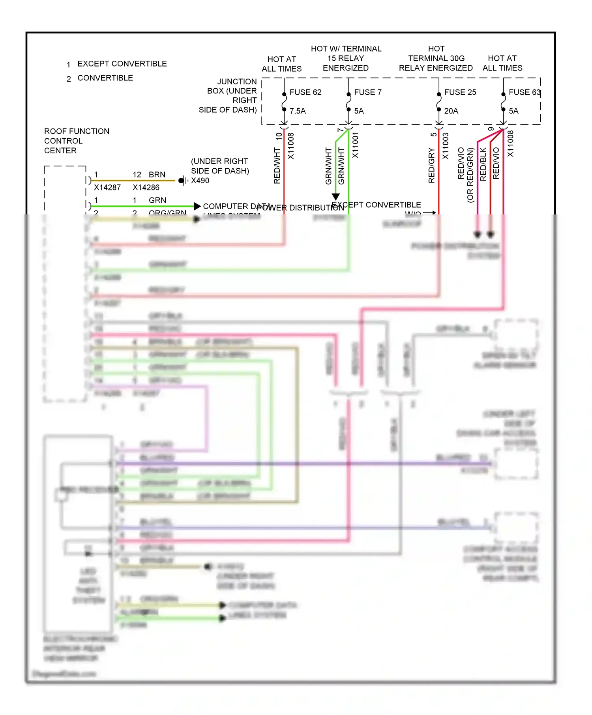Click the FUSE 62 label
305,92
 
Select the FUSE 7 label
367,92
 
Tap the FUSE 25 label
460,92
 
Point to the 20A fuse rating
451,111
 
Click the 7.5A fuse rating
298,111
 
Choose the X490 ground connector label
200,181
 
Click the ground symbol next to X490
183,181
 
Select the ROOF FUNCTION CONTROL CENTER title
77,141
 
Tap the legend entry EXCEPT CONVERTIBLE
122,64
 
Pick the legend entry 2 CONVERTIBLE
101,78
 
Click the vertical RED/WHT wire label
277,166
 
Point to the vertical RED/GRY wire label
431,166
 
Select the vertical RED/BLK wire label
483,164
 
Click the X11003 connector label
446,146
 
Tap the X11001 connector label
356,145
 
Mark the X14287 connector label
107,188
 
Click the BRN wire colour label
157,175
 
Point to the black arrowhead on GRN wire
197,206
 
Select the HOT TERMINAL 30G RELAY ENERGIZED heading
436,58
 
